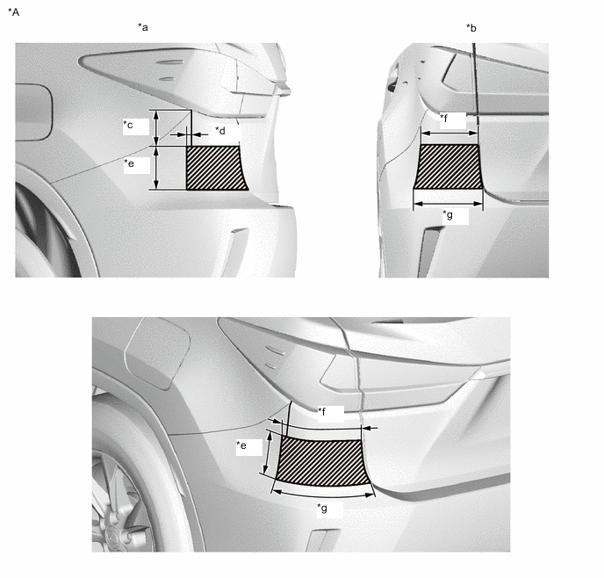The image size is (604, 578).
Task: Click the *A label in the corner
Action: pos(13,12)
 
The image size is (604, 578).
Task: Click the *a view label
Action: pos(143,27)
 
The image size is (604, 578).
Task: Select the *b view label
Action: pos(471,28)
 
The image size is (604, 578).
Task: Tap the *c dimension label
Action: pos(128,125)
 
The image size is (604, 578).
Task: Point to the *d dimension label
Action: pos(220,131)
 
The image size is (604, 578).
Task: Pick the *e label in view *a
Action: pos(129,163)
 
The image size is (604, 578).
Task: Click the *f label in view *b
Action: pos(443,118)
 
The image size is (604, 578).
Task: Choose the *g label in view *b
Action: pos(448,214)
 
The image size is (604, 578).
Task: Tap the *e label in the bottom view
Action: pos(241,445)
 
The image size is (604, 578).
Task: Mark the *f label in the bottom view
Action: pos(321,411)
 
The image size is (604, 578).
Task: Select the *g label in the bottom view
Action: pos(322,508)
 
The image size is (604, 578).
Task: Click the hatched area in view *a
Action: pos(215,168)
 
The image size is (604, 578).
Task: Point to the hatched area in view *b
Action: pos(449,167)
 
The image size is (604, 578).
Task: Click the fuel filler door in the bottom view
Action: pos(157,355)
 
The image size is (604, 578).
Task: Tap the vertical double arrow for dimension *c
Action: pos(156,128)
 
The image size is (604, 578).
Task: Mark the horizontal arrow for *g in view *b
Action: pos(448,204)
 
